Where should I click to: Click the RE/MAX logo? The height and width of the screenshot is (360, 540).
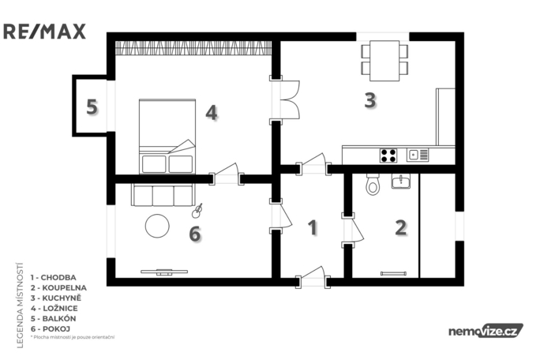44,32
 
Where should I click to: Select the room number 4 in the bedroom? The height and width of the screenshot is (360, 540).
211,112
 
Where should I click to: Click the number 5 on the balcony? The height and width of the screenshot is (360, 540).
92,107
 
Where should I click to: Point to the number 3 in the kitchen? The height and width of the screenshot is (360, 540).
369,100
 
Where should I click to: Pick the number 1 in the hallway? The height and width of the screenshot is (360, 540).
313,228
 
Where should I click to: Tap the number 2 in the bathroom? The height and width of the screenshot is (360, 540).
401,228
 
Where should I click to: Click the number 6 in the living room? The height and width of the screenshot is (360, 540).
196,234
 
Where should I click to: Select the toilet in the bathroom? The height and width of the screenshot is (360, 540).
373,185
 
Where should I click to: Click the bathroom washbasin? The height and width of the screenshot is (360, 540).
401,182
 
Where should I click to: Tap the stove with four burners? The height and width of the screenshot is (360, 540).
388,155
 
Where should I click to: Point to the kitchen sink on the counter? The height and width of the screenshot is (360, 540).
417,155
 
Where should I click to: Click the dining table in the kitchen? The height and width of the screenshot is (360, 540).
384,58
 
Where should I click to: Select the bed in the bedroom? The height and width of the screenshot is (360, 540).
167,136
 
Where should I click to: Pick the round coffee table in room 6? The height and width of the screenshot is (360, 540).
157,226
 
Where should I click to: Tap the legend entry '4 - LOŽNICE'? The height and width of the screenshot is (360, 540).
54,308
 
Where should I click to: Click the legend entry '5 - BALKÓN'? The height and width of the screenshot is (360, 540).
53,317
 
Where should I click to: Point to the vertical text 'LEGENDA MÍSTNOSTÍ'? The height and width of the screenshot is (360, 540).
20,305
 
